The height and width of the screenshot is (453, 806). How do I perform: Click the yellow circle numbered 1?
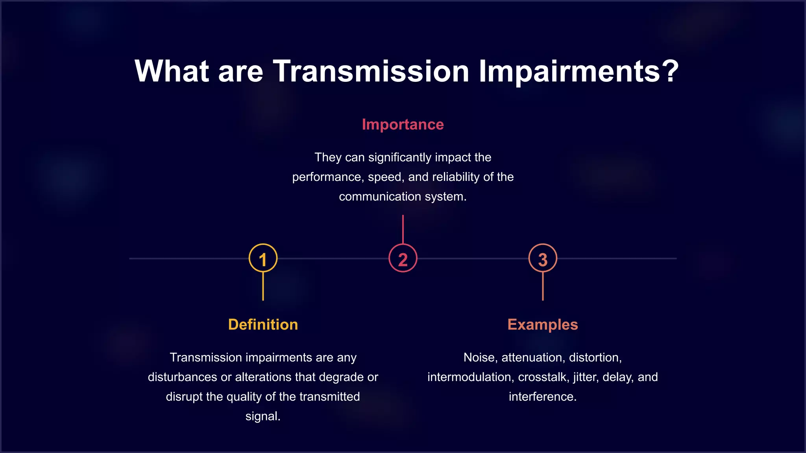pos(263,258)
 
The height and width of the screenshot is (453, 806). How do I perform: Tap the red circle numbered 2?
pos(403,258)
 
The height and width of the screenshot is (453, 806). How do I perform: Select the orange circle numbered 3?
pos(543,258)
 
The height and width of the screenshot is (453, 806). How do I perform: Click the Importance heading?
pos(403,124)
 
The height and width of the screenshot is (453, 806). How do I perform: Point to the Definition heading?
pos(263,324)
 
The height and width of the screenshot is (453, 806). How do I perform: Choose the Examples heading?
pos(543,324)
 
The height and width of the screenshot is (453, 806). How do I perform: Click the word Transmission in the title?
pos(371,71)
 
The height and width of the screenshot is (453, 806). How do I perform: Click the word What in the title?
pos(172,71)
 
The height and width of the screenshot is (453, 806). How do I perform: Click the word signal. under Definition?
pos(263,416)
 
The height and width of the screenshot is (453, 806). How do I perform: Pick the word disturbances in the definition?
pos(182,377)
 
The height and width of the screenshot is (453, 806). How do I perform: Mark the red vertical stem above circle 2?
pos(403,229)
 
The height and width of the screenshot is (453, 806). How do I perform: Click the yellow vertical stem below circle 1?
pos(263,286)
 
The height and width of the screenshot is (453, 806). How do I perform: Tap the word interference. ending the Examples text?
pos(543,397)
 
